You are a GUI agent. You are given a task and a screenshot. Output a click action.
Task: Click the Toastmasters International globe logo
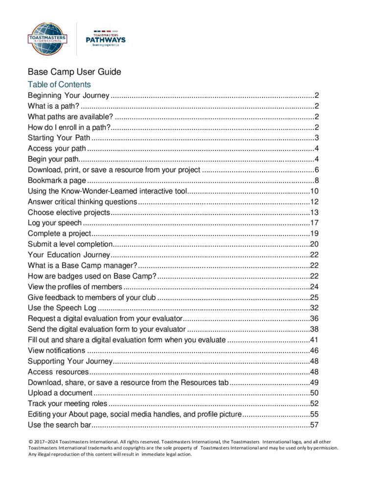[48, 38]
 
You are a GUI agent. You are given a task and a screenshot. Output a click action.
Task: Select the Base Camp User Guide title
[74, 72]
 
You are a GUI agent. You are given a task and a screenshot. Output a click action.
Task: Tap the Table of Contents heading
[59, 85]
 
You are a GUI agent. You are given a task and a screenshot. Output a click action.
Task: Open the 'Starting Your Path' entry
[59, 137]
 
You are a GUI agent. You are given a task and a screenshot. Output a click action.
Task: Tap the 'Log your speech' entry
[55, 223]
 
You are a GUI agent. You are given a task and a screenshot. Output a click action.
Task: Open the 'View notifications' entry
[56, 350]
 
